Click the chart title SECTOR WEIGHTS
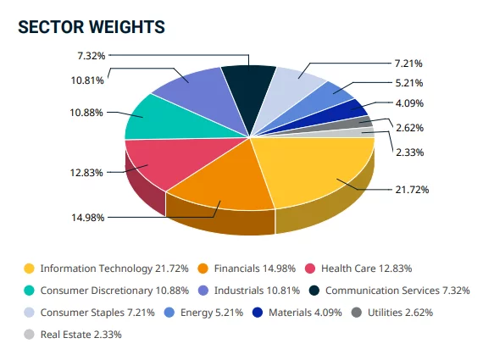click(x=91, y=28)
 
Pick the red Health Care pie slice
click(x=161, y=161)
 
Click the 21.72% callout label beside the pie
click(x=411, y=189)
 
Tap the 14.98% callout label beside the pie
click(x=88, y=217)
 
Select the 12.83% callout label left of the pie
click(x=87, y=172)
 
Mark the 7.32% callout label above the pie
click(x=90, y=56)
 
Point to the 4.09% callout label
click(x=409, y=103)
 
